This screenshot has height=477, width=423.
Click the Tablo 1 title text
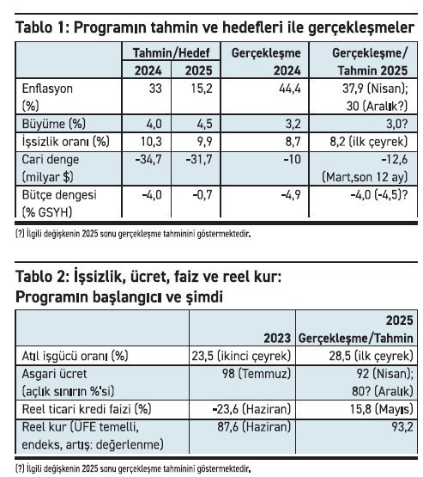(215, 28)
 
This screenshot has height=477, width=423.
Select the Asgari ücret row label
(52, 374)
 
